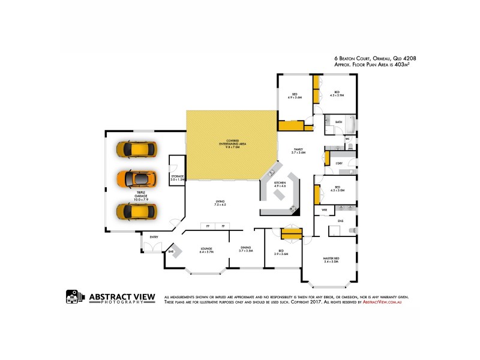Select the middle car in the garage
136,179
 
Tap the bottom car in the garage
137,211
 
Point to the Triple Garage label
142,194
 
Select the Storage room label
177,178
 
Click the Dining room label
245,248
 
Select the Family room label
298,151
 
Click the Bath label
339,122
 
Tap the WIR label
324,209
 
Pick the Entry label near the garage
154,237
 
